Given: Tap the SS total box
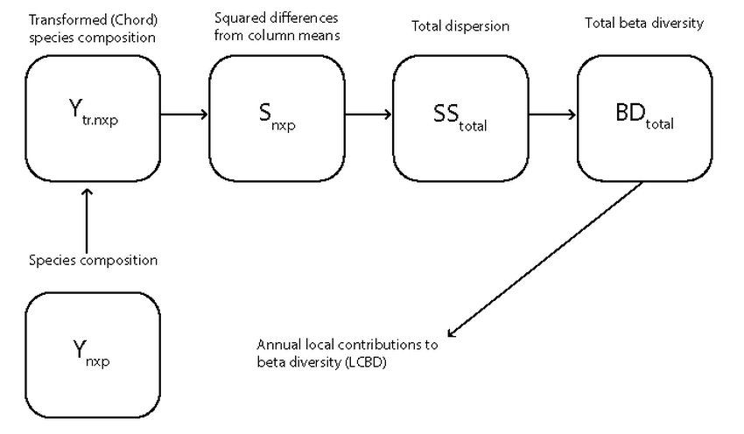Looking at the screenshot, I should pos(460,114).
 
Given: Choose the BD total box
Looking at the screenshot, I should pos(644,114).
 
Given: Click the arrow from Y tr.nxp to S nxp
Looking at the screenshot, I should pos(185,114).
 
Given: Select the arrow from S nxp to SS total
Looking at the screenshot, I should pos(368,114).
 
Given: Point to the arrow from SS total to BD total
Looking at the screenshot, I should pos(551,114).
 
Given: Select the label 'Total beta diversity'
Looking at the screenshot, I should pos(643,24).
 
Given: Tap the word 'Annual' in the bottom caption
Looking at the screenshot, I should pos(277,345).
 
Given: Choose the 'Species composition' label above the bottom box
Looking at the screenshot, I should pos(93,261).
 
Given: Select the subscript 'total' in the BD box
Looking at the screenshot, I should pos(660,125).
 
